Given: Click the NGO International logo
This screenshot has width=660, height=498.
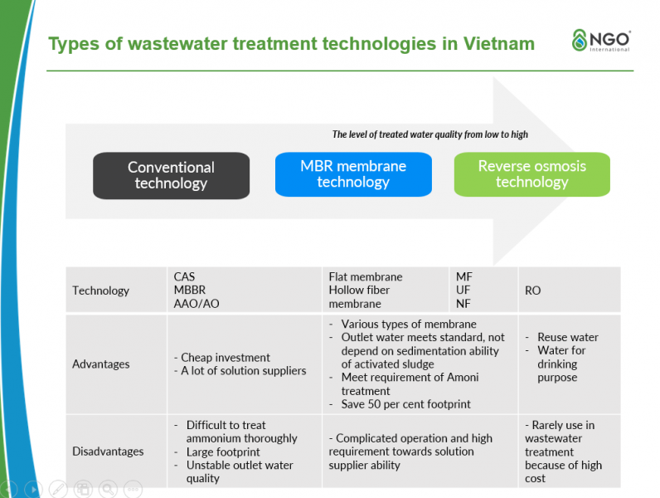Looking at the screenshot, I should [601, 41].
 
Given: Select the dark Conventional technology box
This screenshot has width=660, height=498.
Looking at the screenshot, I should [171, 175].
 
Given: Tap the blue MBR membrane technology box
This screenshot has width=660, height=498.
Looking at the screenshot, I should [353, 174].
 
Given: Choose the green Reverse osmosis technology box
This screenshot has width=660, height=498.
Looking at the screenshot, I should [531, 174].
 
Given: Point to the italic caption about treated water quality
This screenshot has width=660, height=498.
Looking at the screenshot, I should [429, 134].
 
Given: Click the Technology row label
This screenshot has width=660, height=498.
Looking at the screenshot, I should [100, 290].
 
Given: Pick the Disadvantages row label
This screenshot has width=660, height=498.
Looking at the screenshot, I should [108, 452].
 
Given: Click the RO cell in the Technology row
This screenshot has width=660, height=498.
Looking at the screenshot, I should [533, 290].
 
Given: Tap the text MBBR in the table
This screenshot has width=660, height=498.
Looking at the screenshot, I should [189, 290].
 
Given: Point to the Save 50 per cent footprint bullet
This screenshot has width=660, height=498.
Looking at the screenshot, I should [405, 404].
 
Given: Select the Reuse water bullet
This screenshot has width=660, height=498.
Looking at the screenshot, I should [567, 337].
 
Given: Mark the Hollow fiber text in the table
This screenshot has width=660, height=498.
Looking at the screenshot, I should [358, 290].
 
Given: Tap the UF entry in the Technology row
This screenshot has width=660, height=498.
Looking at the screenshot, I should [463, 290].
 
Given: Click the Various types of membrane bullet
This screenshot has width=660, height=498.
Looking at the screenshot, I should [409, 324].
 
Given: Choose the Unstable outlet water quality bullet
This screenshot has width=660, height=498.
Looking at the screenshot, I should [239, 472].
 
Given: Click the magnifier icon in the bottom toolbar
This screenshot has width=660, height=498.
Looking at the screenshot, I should [107, 489].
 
